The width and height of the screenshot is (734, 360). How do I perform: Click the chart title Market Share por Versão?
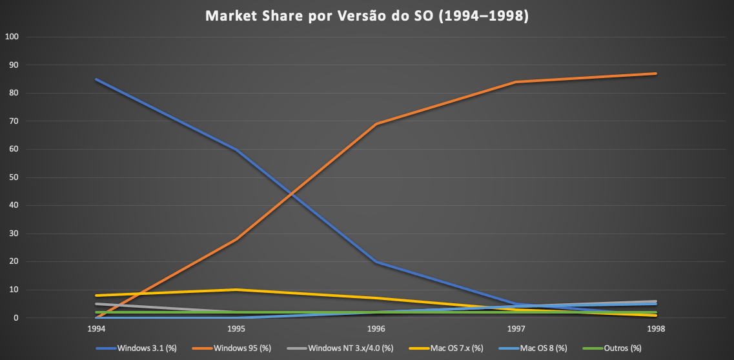(367, 16)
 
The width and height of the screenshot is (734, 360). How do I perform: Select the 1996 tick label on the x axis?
(376, 329)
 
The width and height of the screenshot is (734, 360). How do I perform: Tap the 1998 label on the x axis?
(657, 329)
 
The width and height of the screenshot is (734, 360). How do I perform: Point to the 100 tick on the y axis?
(12, 37)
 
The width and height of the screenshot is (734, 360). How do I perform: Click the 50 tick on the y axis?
(14, 177)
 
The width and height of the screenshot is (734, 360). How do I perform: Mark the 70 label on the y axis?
(14, 121)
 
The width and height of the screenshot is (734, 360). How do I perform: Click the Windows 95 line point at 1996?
(376, 124)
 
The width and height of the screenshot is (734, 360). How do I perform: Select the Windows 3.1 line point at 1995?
(236, 149)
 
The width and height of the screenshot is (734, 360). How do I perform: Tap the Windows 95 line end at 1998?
(657, 74)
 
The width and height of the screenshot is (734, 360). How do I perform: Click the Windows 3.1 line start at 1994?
(96, 79)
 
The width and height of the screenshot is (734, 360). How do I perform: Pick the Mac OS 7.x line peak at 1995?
(236, 290)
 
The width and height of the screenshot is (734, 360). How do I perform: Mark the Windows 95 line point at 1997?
(516, 82)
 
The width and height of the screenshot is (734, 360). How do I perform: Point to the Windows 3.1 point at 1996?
(376, 262)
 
